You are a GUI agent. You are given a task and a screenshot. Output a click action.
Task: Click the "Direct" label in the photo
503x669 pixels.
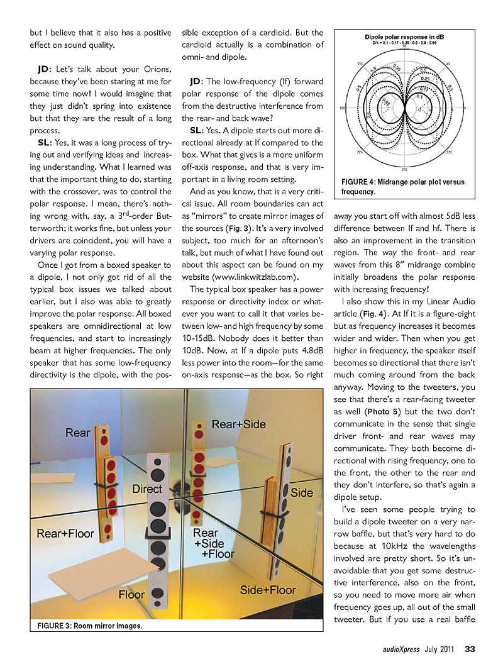[147, 489]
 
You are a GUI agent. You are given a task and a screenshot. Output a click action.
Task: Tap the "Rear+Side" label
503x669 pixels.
[238, 424]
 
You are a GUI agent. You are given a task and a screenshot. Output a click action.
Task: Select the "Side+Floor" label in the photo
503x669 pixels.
[268, 590]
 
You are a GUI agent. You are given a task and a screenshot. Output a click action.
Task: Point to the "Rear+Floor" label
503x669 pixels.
[65, 533]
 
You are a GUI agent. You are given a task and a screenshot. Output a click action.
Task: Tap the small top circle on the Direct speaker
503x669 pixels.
[157, 462]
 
